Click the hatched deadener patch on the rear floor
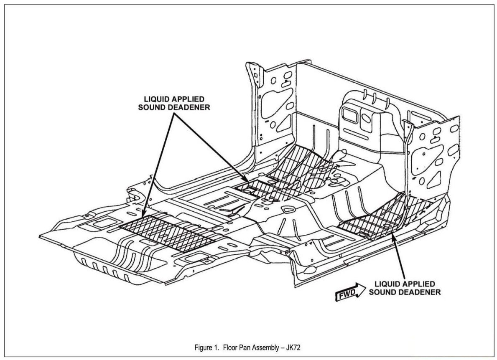(167, 232)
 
